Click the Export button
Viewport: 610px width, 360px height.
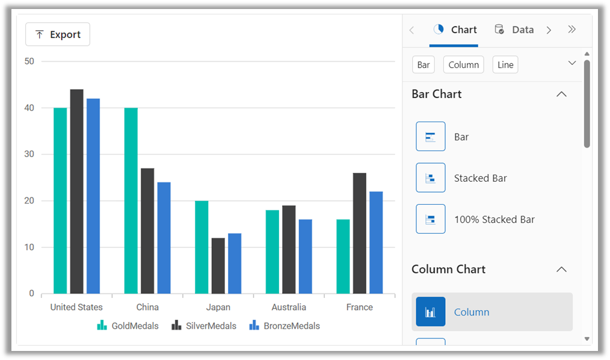click(58, 34)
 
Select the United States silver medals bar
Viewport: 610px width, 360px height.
click(76, 191)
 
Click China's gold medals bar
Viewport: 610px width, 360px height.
click(131, 201)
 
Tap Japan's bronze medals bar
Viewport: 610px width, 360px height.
click(235, 264)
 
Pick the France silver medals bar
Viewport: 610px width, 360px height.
click(360, 233)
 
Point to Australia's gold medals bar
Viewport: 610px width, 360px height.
click(273, 252)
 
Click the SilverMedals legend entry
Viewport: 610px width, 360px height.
click(204, 325)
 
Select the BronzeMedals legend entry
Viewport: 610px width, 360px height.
click(285, 325)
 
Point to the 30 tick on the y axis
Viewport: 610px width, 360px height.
click(29, 154)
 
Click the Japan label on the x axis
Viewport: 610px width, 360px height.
click(218, 307)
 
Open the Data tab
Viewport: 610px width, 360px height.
click(514, 29)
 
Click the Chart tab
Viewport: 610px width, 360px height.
click(454, 29)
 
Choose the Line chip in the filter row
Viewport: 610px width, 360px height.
click(505, 64)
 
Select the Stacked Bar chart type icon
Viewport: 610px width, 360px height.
click(431, 178)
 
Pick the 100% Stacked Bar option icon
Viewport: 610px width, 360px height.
click(431, 219)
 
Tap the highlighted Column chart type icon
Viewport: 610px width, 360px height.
click(431, 312)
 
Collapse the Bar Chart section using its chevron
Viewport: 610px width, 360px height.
click(561, 94)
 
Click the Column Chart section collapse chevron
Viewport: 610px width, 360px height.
click(561, 269)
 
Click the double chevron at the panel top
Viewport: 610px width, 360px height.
click(572, 29)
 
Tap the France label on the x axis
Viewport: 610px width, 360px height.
click(360, 307)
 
